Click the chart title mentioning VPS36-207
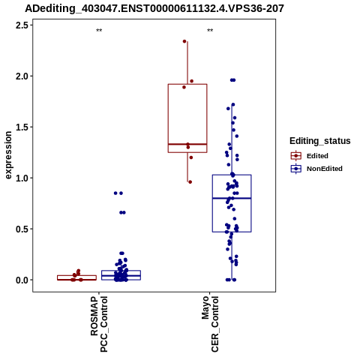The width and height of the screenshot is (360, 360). (154, 8)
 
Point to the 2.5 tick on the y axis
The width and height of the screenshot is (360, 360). (22, 25)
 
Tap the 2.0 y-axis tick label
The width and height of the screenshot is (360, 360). (22, 76)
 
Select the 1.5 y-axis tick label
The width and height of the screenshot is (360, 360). (22, 127)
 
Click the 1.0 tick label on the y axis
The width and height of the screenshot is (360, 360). (22, 178)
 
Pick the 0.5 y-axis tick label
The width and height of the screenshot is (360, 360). (22, 229)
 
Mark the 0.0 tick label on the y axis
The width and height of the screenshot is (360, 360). (22, 280)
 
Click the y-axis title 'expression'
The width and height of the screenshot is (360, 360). (8, 155)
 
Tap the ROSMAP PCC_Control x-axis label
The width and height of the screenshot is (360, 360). (99, 324)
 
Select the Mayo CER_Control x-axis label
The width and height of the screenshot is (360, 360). (210, 324)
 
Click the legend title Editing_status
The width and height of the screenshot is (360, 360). (320, 141)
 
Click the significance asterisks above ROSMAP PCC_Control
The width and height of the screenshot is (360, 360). (99, 31)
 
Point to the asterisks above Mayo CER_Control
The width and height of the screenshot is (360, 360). (210, 31)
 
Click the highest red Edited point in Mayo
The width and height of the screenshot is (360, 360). (184, 41)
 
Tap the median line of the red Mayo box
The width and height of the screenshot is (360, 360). (187, 144)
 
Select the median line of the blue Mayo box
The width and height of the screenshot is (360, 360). (232, 198)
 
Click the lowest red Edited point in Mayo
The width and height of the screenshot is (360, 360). (190, 182)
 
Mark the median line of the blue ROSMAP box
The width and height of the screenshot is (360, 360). (121, 276)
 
